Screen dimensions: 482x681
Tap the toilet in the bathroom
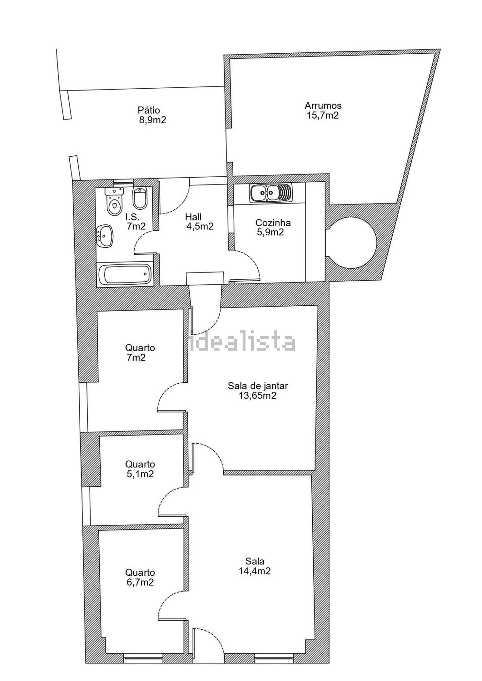[x=114, y=201]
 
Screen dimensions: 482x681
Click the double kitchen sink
[x=270, y=193]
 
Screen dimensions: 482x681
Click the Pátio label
[x=149, y=110]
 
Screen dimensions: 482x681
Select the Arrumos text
[x=323, y=105]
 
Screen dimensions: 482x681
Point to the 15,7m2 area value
[x=323, y=115]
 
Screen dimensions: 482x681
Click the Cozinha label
[x=273, y=223]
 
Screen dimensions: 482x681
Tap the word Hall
[x=193, y=217]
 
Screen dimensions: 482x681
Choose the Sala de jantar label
[x=258, y=386]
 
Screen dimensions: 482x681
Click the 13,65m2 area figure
[x=258, y=396]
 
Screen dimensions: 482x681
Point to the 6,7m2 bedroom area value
[x=140, y=582]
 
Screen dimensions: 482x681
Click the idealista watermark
[x=242, y=342]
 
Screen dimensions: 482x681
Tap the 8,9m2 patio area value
[x=153, y=120]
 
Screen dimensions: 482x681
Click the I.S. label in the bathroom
[x=132, y=217]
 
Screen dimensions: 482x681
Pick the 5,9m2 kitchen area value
[x=270, y=232]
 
